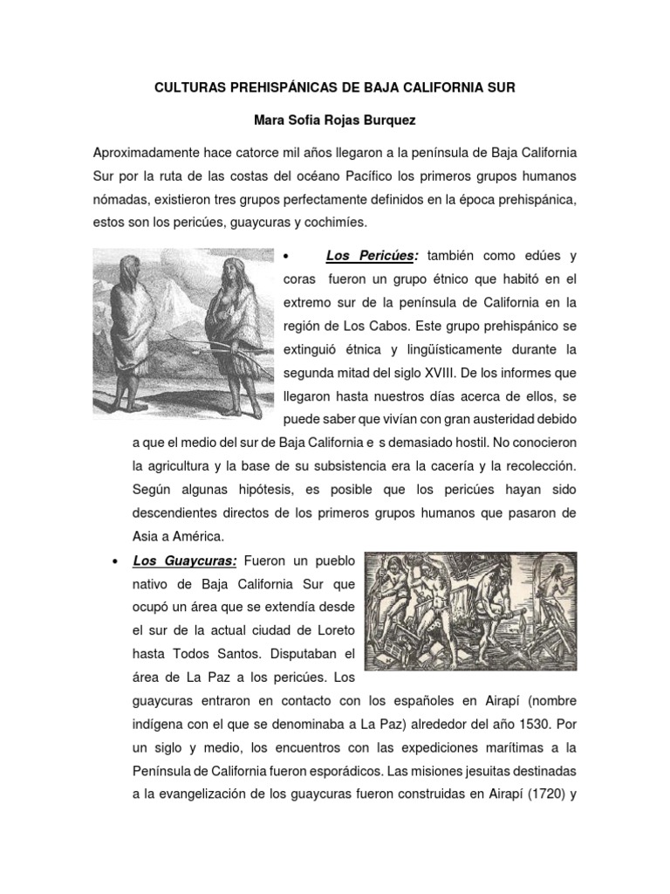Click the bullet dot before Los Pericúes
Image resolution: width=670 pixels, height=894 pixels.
click(286, 256)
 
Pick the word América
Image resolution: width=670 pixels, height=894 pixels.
click(197, 534)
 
